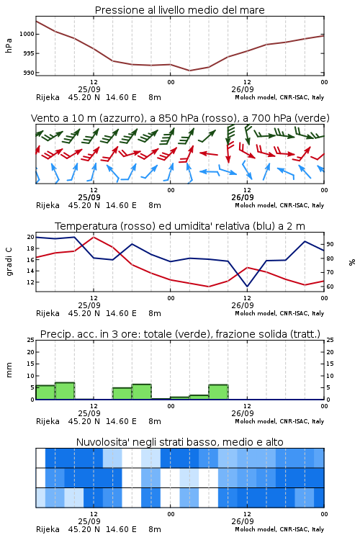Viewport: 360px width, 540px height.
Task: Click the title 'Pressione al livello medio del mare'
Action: [179, 10]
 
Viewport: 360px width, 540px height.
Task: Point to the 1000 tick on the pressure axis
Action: [27, 34]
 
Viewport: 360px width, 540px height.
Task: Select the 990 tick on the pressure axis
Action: [30, 73]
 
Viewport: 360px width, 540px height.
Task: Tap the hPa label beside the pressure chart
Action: [9, 45]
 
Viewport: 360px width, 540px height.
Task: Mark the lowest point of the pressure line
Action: [189, 71]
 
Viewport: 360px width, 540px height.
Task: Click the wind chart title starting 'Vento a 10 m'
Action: [180, 118]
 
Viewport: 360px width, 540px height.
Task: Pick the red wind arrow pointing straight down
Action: [228, 153]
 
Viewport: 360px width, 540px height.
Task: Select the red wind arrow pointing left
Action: [209, 153]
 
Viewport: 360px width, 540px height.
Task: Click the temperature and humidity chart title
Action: [180, 226]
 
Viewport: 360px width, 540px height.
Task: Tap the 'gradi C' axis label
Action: [9, 261]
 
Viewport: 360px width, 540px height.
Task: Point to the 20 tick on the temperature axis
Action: [30, 237]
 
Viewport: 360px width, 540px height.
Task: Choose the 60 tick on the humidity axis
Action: [330, 287]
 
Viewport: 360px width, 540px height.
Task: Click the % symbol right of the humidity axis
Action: [352, 262]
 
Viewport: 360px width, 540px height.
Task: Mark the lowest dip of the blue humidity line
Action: [247, 287]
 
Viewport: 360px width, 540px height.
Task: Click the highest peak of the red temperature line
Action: [94, 237]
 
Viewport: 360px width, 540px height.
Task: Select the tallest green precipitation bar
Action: [65, 391]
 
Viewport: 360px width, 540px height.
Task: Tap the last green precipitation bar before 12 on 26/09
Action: [218, 392]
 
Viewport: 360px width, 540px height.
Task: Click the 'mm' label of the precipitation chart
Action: [9, 369]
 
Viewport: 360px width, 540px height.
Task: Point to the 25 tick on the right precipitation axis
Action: [330, 340]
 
